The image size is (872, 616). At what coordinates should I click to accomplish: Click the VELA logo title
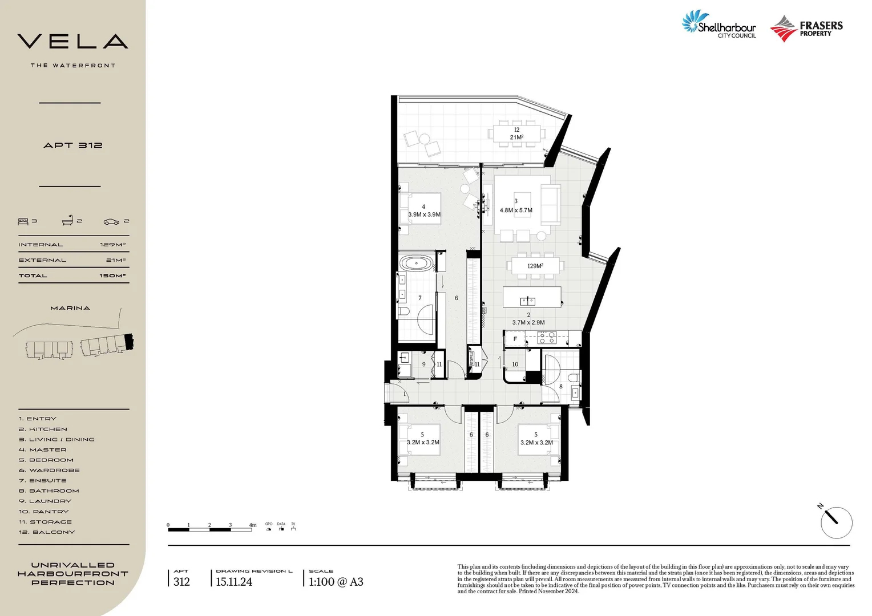coord(72,41)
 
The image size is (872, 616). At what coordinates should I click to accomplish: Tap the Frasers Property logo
coord(806,29)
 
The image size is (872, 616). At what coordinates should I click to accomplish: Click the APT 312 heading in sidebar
coord(72,145)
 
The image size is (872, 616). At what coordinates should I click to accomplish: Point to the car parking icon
coord(111,221)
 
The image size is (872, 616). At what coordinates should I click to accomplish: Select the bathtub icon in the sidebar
coord(67,221)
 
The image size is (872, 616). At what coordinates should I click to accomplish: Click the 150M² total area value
coord(112,275)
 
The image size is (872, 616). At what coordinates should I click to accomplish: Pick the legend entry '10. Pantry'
coord(43,512)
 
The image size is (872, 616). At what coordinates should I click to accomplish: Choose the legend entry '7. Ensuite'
coord(42,481)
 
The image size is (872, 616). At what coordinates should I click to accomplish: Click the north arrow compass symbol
coord(836,522)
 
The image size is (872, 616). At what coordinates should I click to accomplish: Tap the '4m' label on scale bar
coord(252,525)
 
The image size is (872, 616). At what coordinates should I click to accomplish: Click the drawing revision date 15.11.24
coord(234,582)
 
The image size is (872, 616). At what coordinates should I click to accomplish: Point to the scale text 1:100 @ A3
coord(336,582)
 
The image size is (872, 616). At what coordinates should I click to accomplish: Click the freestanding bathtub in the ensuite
coord(417,264)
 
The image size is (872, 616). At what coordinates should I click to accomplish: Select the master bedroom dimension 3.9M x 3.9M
coord(424,214)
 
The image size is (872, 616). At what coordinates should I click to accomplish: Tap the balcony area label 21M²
coord(516,137)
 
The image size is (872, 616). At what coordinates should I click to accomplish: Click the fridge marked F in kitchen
coord(515,339)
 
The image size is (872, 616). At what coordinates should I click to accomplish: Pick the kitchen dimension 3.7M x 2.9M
coord(528,322)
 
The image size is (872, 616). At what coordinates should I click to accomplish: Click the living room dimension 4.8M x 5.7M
coord(516,210)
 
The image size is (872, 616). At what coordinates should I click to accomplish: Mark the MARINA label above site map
coord(70,308)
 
